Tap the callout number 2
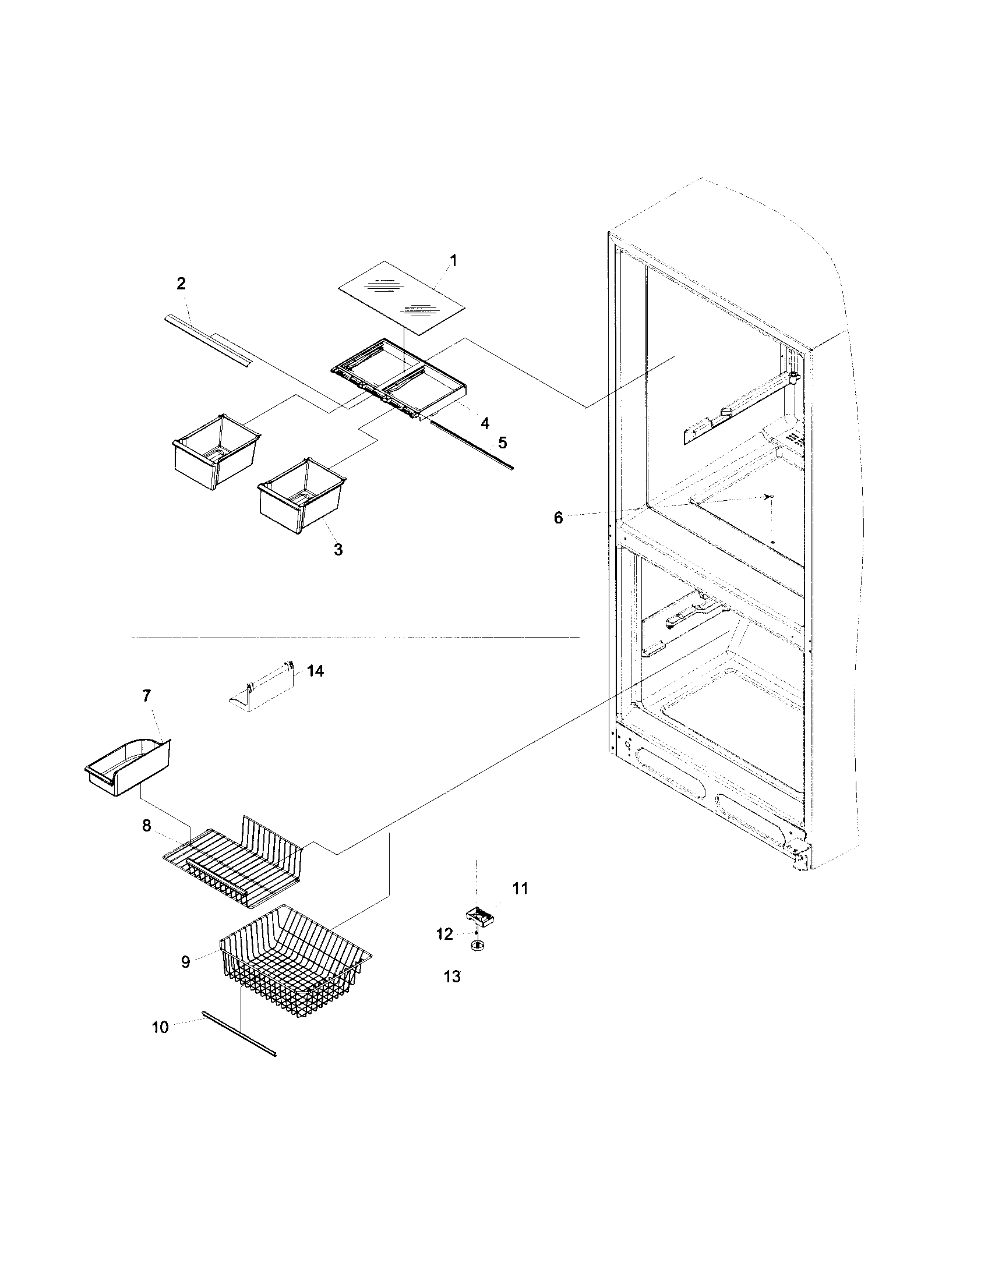pos(181,284)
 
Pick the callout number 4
pos(485,423)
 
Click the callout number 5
pos(503,443)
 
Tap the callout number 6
pos(557,518)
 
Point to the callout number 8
pos(146,826)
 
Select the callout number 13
pos(452,976)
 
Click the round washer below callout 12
pos(478,945)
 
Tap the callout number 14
pos(315,670)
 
